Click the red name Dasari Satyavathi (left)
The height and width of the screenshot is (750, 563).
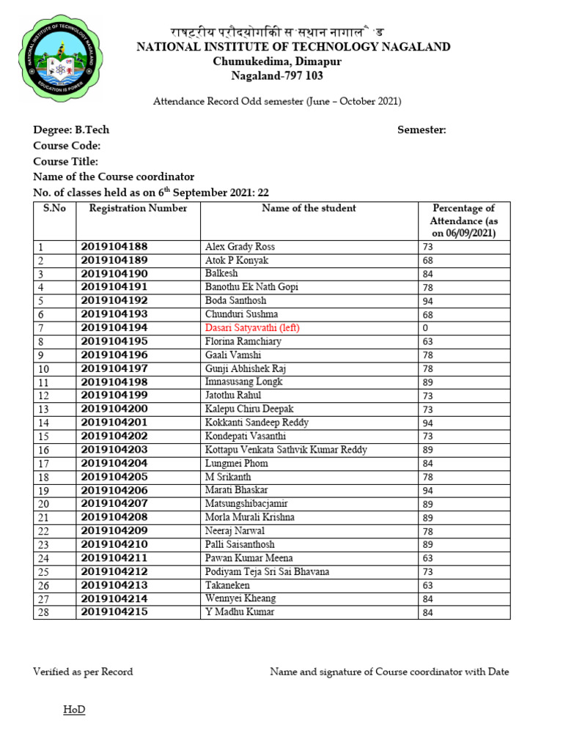point(252,328)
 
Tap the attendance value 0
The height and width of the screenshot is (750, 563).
point(425,328)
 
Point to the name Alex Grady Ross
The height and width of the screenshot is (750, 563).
point(240,247)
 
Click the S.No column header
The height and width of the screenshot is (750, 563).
point(54,209)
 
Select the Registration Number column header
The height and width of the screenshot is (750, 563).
point(138,209)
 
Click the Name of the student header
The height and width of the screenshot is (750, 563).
point(309,209)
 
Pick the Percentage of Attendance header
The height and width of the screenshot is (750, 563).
point(463,220)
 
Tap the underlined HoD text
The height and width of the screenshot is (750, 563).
point(73,710)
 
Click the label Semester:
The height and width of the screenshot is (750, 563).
point(422,130)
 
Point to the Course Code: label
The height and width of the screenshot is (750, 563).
point(67,146)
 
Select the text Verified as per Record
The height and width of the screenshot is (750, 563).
point(83,672)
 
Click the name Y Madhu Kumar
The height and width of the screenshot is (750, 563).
point(240,612)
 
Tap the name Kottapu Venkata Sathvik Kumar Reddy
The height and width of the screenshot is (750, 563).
point(286,450)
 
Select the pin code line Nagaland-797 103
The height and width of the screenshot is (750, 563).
point(277,76)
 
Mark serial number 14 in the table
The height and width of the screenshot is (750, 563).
point(43,423)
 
